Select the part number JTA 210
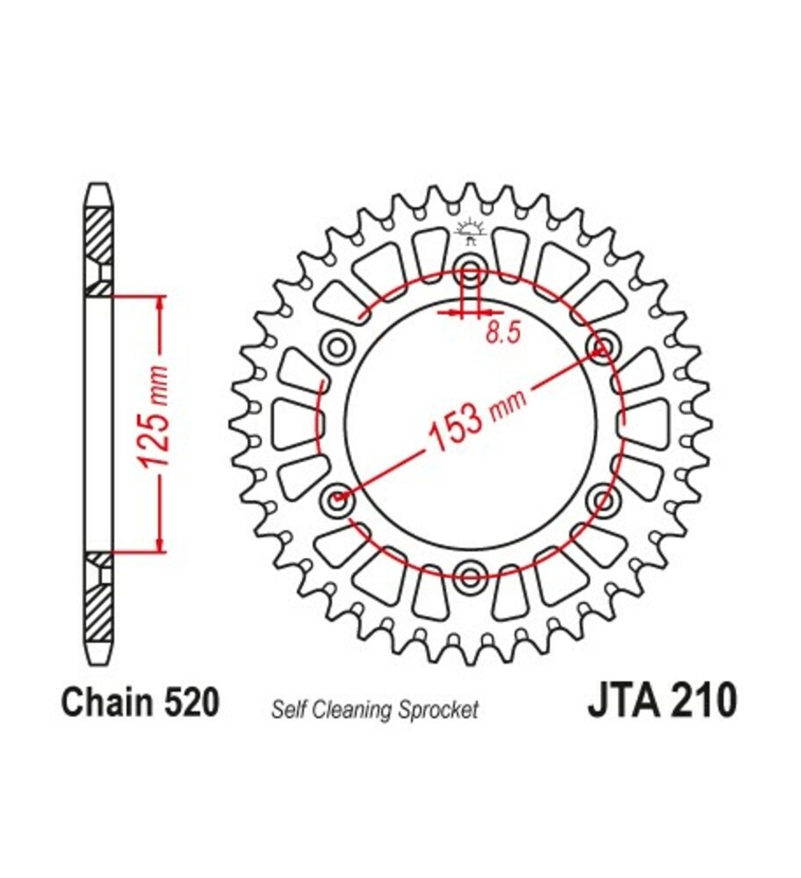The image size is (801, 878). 660,702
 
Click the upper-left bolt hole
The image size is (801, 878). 336,348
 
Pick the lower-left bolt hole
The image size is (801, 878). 337,501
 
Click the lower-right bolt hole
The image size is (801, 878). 604,501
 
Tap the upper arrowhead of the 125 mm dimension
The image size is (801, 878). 160,303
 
